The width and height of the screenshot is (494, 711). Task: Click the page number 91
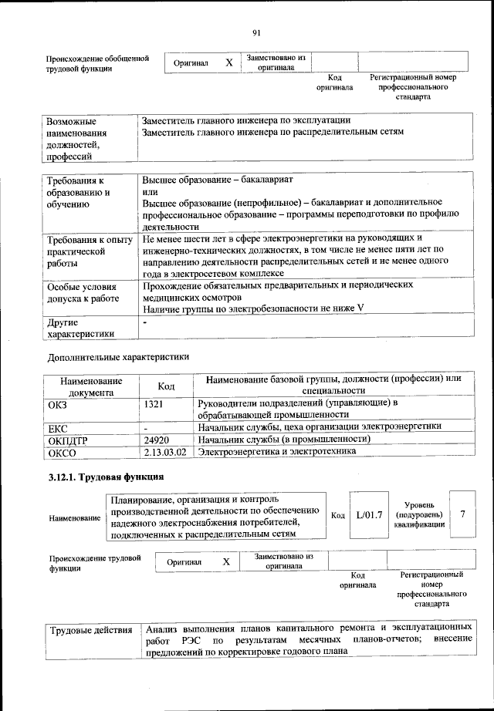pyautogui.click(x=256, y=32)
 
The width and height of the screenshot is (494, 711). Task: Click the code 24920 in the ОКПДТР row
pyautogui.click(x=157, y=439)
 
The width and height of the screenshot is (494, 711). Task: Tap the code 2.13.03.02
pyautogui.click(x=165, y=452)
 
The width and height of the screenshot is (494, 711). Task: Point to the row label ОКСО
pyautogui.click(x=62, y=453)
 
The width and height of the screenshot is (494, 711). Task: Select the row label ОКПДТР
pyautogui.click(x=69, y=440)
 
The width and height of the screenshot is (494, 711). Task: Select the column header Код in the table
pyautogui.click(x=165, y=386)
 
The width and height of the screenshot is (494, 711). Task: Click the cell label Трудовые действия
pyautogui.click(x=91, y=632)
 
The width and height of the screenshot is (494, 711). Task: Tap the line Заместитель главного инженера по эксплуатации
pyautogui.click(x=247, y=120)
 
